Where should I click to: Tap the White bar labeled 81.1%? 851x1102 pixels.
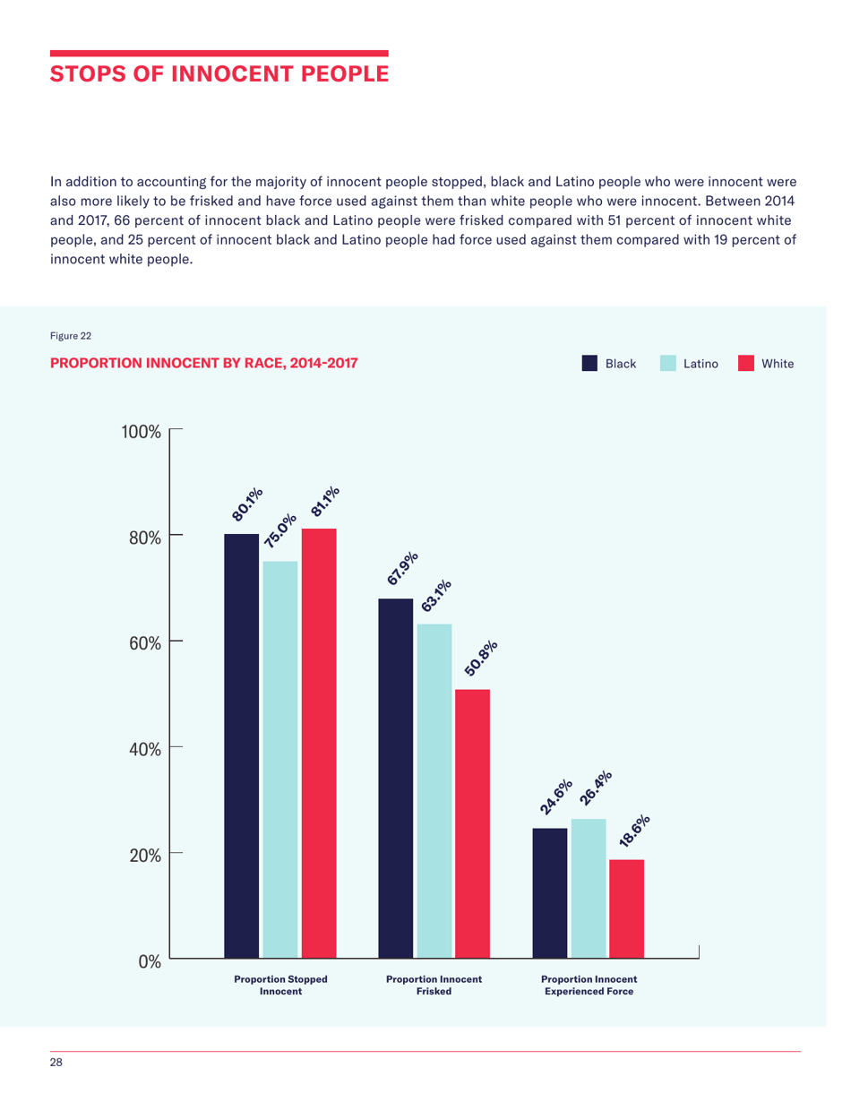[x=319, y=743]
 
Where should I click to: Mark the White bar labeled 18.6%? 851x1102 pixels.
[x=627, y=908]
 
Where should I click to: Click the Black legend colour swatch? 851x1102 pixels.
[x=590, y=363]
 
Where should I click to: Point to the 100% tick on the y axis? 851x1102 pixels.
[x=142, y=431]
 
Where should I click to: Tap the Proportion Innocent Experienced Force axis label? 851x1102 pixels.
[x=589, y=985]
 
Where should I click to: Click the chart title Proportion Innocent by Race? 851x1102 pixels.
[x=203, y=363]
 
